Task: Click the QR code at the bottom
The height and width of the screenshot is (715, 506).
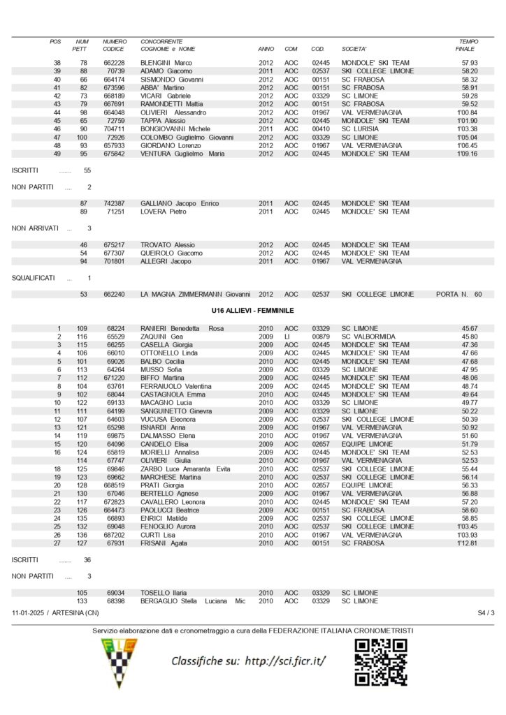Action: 382,662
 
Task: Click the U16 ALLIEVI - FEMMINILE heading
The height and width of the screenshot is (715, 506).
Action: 252,310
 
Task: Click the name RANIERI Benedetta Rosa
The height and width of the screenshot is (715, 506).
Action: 182,328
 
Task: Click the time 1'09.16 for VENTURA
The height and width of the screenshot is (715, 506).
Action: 467,154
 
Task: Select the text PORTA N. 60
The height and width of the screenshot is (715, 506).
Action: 458,295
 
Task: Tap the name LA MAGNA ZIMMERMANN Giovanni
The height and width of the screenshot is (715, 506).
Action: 195,295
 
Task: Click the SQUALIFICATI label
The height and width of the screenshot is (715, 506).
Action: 34,278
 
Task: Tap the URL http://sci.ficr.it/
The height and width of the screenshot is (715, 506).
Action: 286,661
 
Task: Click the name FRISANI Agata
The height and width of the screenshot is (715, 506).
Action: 164,543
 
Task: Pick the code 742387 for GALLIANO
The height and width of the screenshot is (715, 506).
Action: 114,203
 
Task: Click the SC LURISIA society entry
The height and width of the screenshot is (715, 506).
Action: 360,128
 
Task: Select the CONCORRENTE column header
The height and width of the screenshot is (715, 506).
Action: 162,41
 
